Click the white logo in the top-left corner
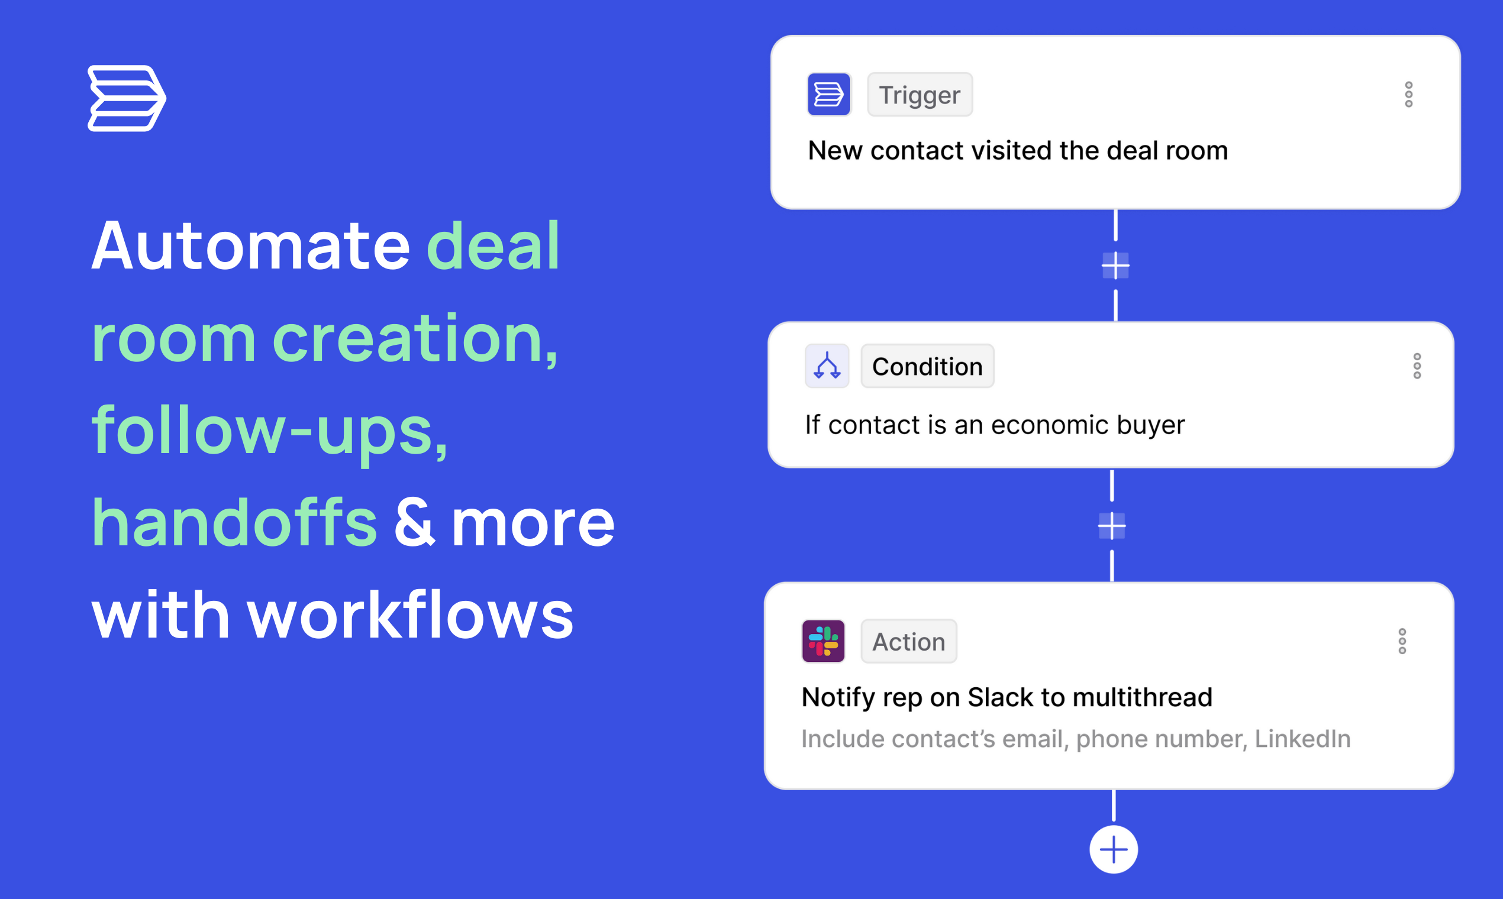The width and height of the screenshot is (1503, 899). click(127, 98)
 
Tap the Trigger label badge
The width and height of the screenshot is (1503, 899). click(920, 95)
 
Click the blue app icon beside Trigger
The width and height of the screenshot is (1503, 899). click(829, 95)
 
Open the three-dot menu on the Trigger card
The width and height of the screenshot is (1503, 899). click(1409, 95)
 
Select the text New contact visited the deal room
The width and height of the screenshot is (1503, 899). click(1018, 150)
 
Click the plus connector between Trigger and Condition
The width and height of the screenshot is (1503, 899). click(1116, 266)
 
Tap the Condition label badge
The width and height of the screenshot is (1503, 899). click(927, 367)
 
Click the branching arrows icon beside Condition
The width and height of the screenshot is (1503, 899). click(827, 367)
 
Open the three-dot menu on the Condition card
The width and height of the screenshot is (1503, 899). click(1418, 367)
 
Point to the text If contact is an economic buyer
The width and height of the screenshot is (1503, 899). click(995, 425)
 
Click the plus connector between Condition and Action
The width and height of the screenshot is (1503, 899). click(1112, 526)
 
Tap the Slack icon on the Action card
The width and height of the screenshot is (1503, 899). click(824, 642)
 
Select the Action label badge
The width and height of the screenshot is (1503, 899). click(909, 642)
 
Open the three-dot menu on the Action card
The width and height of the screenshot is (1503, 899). click(1402, 642)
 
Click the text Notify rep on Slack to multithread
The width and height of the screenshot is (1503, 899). click(1007, 697)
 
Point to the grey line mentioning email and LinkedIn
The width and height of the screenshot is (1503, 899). click(1076, 739)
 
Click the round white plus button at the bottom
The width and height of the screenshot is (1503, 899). click(1114, 849)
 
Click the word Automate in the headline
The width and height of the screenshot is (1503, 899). click(251, 246)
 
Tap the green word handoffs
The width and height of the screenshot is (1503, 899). click(234, 522)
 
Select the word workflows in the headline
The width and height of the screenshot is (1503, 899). click(410, 615)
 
